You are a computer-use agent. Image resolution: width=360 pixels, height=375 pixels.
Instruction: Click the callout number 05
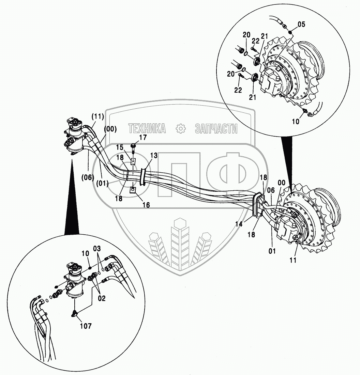click(x=301, y=24)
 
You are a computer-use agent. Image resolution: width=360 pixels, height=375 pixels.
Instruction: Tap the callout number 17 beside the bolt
click(x=142, y=138)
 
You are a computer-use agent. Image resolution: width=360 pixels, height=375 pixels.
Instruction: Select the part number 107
click(x=86, y=326)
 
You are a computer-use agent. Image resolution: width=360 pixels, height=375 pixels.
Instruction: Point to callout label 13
click(x=154, y=156)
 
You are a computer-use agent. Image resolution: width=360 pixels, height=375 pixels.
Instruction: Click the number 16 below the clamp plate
click(x=146, y=205)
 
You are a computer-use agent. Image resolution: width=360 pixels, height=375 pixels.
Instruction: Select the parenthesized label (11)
click(x=97, y=116)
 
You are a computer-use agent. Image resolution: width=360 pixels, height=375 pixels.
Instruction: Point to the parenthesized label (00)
click(x=110, y=129)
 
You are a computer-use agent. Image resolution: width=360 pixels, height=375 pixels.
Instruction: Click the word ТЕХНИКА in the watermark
click(x=147, y=128)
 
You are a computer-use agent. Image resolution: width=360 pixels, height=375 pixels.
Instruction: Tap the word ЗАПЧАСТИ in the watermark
click(x=216, y=128)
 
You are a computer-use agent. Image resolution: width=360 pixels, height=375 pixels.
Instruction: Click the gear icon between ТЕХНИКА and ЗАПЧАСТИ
click(x=180, y=128)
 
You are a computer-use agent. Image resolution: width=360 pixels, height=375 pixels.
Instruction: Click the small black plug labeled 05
click(x=290, y=32)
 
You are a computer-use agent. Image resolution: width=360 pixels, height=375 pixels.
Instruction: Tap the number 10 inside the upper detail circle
click(x=296, y=122)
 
